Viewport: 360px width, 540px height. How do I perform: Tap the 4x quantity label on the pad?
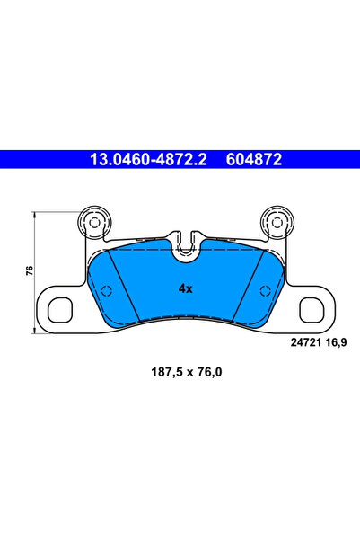pyautogui.click(x=185, y=289)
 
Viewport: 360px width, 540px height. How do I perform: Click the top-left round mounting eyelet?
pyautogui.click(x=92, y=221)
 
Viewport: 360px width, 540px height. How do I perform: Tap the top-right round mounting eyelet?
pyautogui.click(x=275, y=221)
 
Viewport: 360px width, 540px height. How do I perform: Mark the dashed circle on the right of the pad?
pyautogui.click(x=263, y=290)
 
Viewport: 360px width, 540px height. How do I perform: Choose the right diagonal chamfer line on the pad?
pyautogui.click(x=245, y=282)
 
